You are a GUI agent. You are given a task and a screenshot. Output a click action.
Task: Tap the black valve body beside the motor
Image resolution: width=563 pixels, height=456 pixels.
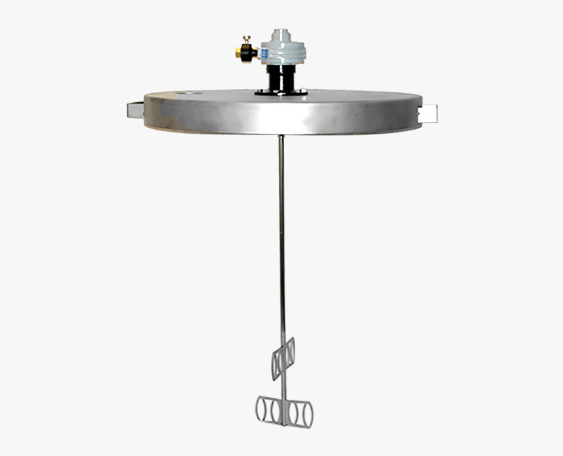pos(249,53)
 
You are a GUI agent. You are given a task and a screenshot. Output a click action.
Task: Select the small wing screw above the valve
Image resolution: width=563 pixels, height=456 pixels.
pos(247,40)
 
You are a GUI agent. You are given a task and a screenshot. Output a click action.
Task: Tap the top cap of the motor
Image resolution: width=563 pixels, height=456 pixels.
pos(281,33)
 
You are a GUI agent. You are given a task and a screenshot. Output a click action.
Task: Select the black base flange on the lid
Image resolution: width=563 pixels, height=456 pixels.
pos(281,93)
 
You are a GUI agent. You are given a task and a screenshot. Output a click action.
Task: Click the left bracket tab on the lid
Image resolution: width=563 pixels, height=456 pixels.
pos(136,109)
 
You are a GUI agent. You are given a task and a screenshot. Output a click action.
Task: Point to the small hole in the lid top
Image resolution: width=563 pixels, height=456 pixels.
pos(190,94)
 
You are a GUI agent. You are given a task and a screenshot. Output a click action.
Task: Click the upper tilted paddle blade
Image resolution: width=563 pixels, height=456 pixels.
pos(283,358)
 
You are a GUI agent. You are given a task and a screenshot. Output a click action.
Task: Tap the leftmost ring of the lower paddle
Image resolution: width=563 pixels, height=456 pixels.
pos(262,410)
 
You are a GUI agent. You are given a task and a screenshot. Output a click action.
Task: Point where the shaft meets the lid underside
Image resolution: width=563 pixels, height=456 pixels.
pos(281,136)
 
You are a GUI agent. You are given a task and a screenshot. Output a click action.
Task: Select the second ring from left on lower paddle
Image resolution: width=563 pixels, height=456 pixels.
pos(274,411)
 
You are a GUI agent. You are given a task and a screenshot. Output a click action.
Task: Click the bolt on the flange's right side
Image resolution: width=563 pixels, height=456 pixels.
pos(303,92)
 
